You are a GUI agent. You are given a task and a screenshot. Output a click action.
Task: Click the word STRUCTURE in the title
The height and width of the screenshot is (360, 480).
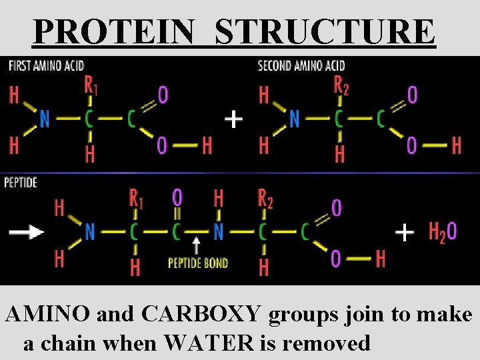click(325, 31)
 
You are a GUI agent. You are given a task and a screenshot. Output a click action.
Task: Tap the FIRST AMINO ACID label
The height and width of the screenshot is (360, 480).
click(46, 65)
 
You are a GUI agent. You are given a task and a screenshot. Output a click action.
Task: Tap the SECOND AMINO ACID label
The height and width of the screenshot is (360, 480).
click(301, 65)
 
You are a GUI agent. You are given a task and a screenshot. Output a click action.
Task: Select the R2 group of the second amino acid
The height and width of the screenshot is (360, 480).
click(341, 85)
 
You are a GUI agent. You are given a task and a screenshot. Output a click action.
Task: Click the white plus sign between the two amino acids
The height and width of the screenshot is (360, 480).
click(233, 119)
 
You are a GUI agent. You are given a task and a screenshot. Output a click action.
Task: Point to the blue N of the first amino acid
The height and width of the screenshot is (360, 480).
click(44, 119)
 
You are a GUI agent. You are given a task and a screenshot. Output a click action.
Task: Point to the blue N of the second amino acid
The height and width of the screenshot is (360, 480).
click(294, 119)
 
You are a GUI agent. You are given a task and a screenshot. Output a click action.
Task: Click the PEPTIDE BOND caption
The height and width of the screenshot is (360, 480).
click(198, 263)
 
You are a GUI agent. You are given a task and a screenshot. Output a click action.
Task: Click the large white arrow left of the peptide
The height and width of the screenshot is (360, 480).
click(27, 232)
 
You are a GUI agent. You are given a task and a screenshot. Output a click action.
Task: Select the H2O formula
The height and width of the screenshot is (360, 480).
click(443, 231)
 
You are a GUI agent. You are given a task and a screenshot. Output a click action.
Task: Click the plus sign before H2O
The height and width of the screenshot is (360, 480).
click(405, 232)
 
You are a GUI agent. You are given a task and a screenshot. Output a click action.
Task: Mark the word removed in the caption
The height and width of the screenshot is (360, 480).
click(326, 343)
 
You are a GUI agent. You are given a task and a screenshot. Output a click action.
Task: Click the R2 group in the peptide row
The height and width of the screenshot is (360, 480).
click(265, 198)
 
